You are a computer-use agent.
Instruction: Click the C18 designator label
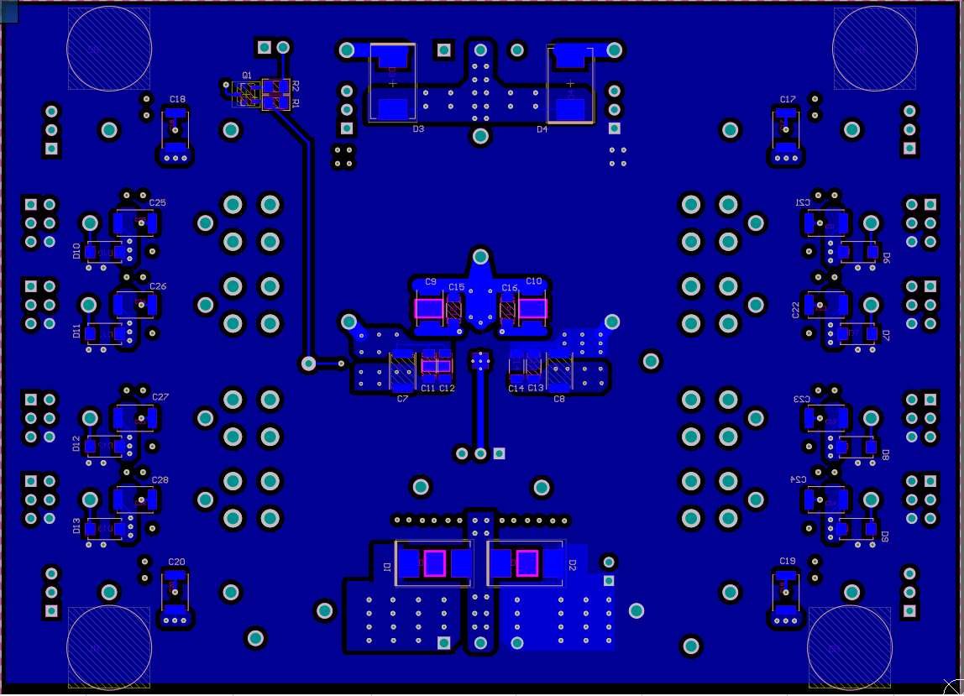tap(177, 99)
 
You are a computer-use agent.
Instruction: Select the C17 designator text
tap(787, 99)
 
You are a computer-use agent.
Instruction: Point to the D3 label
tap(418, 129)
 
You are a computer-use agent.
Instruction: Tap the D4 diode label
tap(542, 129)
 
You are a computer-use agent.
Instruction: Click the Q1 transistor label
tap(246, 76)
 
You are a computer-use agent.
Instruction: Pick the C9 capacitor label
tap(431, 282)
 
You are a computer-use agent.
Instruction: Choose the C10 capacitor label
tap(533, 281)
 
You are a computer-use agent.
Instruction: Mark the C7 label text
tap(402, 399)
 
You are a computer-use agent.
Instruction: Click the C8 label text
tap(558, 399)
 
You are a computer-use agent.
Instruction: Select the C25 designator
tap(157, 203)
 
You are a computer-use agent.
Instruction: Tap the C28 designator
tap(160, 480)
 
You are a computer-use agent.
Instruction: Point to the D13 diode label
tap(77, 526)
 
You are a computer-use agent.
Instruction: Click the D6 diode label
tap(885, 257)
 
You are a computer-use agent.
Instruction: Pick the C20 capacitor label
tap(176, 562)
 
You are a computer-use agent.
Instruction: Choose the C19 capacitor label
tap(787, 561)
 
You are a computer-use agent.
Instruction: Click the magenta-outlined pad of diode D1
tap(434, 563)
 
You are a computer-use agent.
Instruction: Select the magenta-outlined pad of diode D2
tap(527, 563)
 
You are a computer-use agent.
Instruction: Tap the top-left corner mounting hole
tap(109, 48)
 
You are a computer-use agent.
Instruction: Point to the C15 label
tap(456, 288)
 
